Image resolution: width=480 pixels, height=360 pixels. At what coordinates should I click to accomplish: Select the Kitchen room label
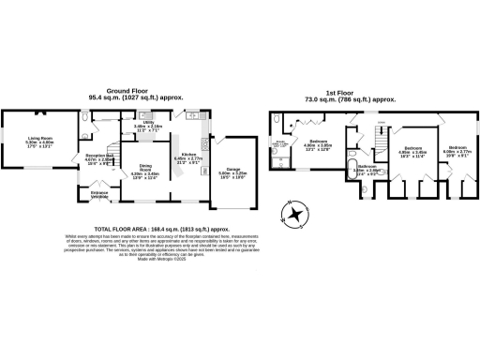[188, 157]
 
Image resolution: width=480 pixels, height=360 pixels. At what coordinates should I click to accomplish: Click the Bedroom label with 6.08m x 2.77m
[457, 150]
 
